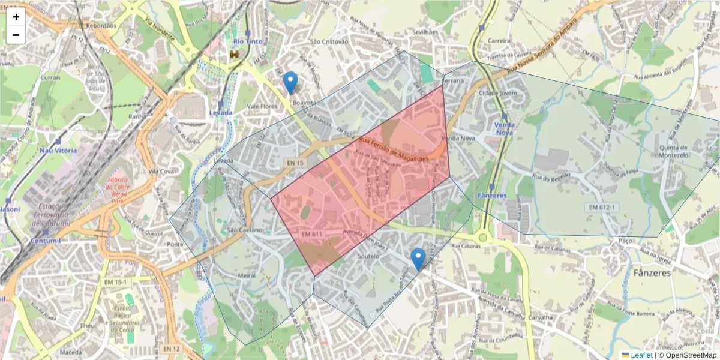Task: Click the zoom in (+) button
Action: coord(16,17)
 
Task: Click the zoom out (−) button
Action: coord(16,35)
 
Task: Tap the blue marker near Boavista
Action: coord(290,83)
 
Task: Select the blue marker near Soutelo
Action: coord(418,259)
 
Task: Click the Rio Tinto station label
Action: coord(247,41)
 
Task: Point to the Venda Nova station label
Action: coord(504,128)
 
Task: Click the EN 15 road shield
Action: coord(295,163)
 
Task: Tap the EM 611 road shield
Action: coord(313,233)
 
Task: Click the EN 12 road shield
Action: coord(171,349)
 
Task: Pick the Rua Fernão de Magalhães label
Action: coord(394,149)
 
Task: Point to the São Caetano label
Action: coord(245,230)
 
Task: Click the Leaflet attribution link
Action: coord(641,355)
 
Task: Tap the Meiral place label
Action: coord(247,275)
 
